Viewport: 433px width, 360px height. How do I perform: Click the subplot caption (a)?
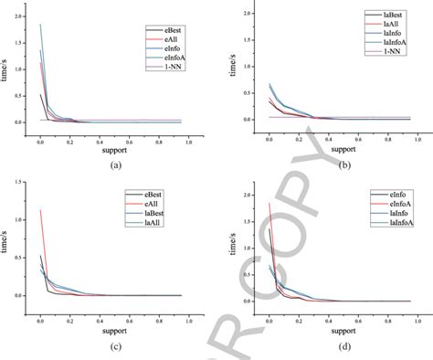coord(115,164)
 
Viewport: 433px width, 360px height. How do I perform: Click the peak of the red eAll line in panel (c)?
coord(40,210)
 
